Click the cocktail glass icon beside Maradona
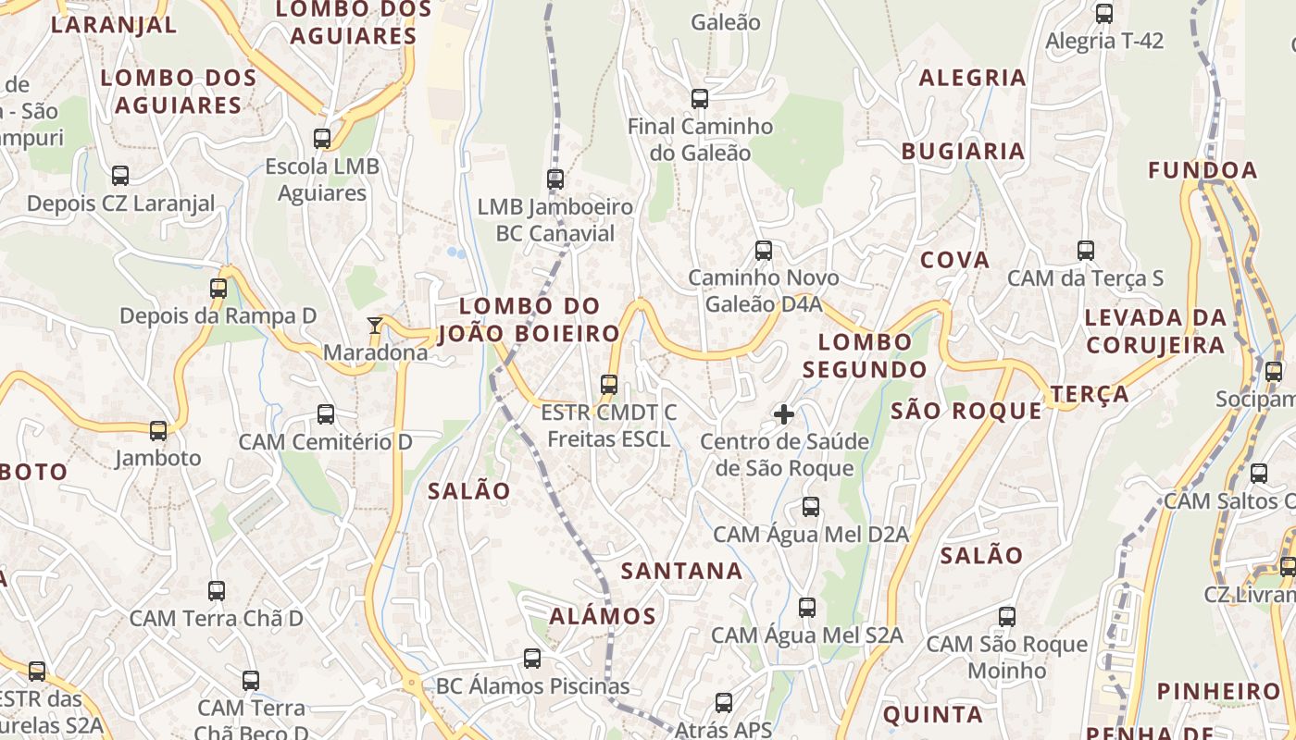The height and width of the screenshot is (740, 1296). point(375,325)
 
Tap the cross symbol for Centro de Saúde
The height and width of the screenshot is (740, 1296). point(784,413)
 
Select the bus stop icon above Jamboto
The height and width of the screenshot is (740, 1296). point(158,430)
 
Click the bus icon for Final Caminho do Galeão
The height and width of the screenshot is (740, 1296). point(700,98)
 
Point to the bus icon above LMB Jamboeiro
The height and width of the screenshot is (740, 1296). point(555,179)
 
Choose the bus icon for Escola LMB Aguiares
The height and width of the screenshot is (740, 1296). point(322,139)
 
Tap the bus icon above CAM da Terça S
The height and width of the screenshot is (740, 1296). point(1086,250)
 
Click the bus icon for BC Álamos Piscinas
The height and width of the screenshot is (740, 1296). point(532,658)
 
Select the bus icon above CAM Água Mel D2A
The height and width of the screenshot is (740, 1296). point(811,506)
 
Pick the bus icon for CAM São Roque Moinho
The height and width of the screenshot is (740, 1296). point(1007,616)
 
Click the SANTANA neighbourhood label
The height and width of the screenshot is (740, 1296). point(682,571)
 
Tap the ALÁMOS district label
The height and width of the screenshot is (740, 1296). point(603,616)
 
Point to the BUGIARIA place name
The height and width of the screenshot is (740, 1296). point(963,151)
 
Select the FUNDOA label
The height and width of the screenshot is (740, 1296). point(1203,170)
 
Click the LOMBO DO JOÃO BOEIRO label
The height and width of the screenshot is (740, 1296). point(530,319)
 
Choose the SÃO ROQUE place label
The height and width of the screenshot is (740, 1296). point(966,411)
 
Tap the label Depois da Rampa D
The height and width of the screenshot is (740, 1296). point(218,315)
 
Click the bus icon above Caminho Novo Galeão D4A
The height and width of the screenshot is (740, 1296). point(764,250)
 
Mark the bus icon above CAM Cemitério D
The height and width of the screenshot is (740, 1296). point(326,413)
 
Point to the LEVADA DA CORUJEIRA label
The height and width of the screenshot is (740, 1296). point(1154,331)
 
